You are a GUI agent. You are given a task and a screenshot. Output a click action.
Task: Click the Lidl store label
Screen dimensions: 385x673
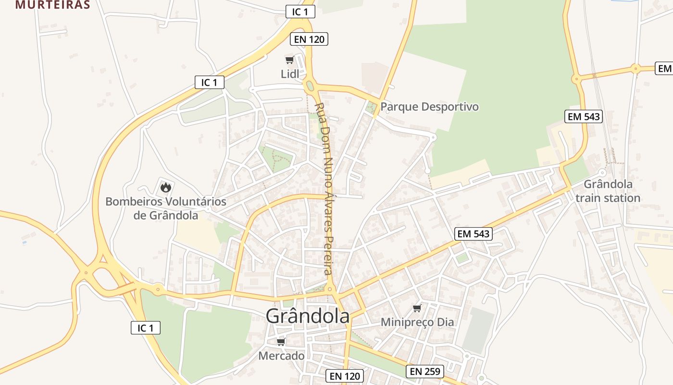[290, 74]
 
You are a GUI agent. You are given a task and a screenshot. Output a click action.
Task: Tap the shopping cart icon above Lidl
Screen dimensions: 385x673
[289, 60]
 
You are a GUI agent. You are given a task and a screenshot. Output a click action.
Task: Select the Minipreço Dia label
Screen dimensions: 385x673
[417, 322]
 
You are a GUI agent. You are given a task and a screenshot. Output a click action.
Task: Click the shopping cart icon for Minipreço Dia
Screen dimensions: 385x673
[417, 308]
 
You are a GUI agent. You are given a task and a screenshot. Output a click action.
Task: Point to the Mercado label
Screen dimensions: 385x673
[281, 356]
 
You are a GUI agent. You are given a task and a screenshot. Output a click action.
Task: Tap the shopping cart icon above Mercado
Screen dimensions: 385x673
[281, 342]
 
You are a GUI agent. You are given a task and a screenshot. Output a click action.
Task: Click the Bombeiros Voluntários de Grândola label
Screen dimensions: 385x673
[166, 208]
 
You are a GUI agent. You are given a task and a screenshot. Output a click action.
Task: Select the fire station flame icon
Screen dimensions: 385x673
[166, 187]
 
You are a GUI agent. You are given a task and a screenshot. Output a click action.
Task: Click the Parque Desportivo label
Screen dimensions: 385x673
[429, 106]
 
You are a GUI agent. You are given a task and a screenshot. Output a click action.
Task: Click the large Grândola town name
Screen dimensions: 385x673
[308, 316]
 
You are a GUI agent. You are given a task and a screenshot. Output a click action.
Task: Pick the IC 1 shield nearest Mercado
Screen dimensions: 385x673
[146, 328]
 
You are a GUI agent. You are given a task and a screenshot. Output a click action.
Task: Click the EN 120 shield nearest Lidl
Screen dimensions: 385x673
[310, 39]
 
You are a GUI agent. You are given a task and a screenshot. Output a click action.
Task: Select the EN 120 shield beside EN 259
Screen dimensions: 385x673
[345, 376]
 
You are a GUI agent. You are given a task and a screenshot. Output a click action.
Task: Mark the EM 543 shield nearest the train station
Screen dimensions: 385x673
[585, 116]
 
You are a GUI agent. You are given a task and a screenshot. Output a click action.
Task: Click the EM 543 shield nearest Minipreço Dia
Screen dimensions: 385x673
[474, 234]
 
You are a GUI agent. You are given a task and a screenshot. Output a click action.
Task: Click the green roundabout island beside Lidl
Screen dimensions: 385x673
[310, 87]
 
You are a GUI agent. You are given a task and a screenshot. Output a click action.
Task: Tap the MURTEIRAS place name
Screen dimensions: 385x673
[53, 5]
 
